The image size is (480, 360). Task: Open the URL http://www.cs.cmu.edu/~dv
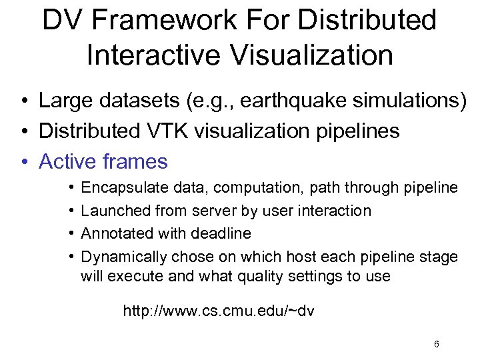pos(219,311)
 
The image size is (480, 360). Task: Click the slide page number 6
pos(436,344)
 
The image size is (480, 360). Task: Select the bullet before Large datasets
pos(23,102)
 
